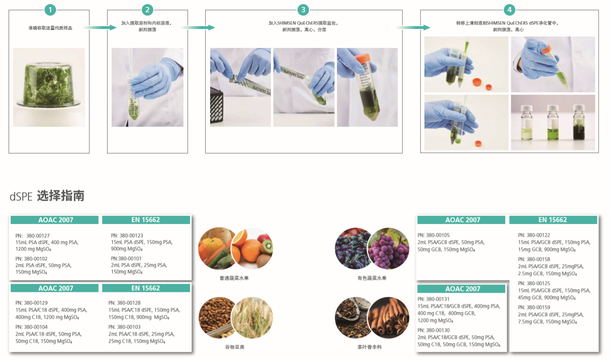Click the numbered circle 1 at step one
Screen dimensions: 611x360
(50, 10)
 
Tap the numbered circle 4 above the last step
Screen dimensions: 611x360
(509, 10)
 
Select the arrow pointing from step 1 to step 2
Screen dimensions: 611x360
(100, 27)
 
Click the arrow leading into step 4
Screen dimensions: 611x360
(414, 27)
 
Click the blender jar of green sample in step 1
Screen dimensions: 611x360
(49, 84)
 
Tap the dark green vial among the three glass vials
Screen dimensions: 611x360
(579, 123)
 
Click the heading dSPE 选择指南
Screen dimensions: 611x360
(47, 196)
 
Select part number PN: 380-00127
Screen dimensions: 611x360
(32, 236)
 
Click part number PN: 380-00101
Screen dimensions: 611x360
(126, 258)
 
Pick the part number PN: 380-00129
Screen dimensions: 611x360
(31, 303)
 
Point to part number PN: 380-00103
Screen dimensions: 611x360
(124, 327)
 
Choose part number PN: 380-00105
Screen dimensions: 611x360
(434, 235)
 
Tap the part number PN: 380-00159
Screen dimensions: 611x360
(534, 307)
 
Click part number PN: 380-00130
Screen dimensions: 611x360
(434, 330)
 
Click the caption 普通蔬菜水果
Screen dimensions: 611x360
(234, 278)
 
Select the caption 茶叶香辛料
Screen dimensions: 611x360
(370, 347)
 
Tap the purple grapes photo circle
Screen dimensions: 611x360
(389, 248)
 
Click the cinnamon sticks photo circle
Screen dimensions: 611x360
(389, 318)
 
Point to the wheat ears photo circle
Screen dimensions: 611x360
(252, 318)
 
